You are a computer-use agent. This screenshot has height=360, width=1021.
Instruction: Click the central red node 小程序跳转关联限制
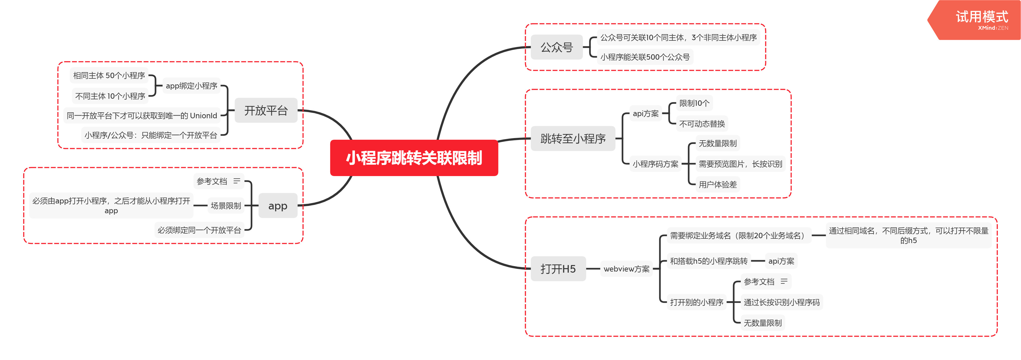[x=414, y=158]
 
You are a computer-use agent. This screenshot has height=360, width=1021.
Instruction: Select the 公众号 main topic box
[x=556, y=47]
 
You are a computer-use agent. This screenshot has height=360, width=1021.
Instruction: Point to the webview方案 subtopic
[x=626, y=269]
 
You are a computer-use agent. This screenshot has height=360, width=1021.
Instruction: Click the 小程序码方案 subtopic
[x=655, y=164]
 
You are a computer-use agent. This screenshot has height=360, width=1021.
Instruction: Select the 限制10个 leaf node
[x=694, y=103]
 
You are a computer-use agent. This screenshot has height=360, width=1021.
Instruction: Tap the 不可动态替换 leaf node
[x=702, y=124]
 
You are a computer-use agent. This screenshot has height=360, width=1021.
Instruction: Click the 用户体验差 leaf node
[x=717, y=184]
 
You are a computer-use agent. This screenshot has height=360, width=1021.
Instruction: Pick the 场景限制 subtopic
[x=226, y=205]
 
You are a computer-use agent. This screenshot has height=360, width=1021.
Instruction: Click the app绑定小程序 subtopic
[x=191, y=86]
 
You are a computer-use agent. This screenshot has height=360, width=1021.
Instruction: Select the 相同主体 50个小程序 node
[x=109, y=75]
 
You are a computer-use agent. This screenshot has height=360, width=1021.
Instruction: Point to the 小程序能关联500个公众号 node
[x=645, y=57]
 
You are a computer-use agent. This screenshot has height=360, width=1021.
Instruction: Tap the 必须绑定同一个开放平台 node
[x=199, y=230]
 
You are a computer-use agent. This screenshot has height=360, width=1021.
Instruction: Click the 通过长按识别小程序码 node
[x=781, y=302]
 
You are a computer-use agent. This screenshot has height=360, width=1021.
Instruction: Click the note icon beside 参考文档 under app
[x=237, y=181]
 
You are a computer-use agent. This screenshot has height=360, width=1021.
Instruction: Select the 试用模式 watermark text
[x=981, y=17]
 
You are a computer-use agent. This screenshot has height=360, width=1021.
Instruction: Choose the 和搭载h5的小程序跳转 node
[x=708, y=261]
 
